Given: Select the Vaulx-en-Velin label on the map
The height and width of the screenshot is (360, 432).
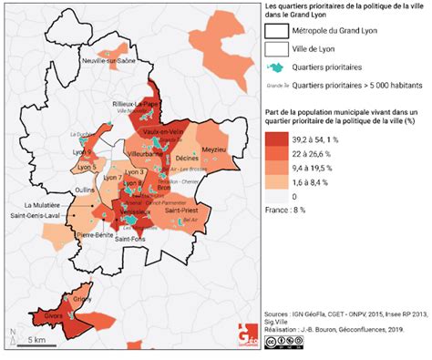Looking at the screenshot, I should pos(164,134).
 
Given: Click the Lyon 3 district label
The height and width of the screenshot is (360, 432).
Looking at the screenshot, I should pos(133,172).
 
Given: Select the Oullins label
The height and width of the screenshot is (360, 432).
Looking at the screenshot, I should pos(85,190).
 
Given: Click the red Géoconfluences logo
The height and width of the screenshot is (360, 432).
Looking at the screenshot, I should pos(247,334).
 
